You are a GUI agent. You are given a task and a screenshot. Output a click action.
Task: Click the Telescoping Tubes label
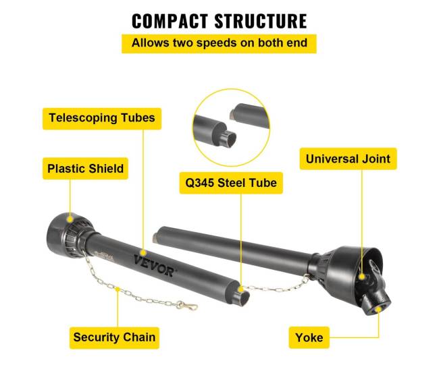tap(102, 118)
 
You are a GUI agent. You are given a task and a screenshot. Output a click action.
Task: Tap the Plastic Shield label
tap(86, 168)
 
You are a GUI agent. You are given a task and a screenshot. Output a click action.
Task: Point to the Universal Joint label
tap(347, 159)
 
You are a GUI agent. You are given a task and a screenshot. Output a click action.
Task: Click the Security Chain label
tap(114, 337)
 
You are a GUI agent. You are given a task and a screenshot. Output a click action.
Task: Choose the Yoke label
tap(309, 337)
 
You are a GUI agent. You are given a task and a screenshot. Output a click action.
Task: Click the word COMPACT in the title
tap(169, 21)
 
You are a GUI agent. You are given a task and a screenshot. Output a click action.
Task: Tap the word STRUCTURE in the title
tap(260, 21)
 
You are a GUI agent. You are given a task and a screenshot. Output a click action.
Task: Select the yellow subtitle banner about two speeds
tap(219, 43)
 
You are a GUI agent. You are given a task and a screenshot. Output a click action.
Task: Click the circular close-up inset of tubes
tap(230, 127)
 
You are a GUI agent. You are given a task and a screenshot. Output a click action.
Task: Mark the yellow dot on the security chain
tap(119, 291)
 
